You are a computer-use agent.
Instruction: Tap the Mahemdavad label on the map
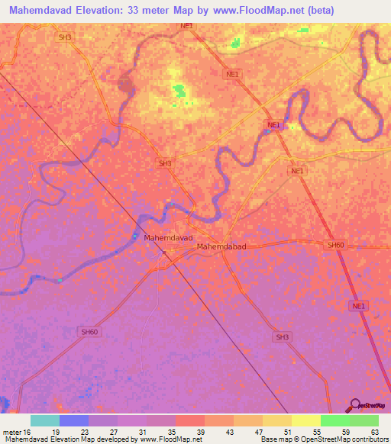[x=168, y=237]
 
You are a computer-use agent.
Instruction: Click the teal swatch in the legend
[x=45, y=420]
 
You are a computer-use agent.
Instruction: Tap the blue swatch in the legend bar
[x=74, y=420]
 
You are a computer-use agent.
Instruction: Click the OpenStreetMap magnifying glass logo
[x=354, y=405]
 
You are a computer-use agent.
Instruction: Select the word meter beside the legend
[x=11, y=432]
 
